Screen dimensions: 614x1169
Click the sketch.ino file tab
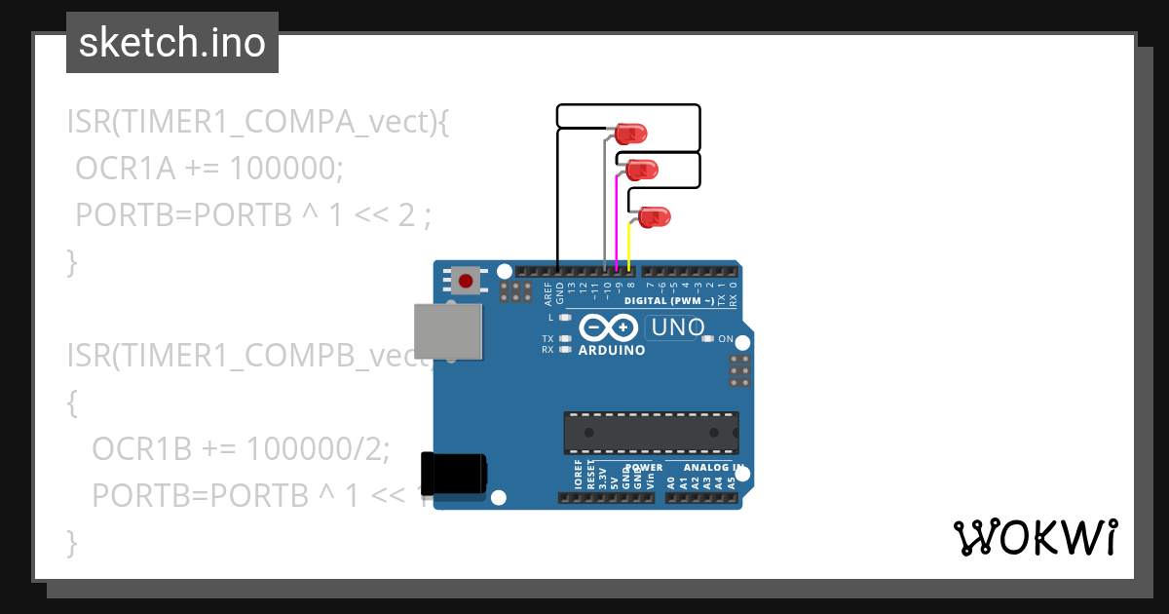click(x=172, y=43)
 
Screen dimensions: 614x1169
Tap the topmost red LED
click(x=631, y=133)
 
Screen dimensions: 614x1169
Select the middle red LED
click(x=643, y=170)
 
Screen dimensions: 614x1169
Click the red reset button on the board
click(x=466, y=282)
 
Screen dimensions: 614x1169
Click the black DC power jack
click(x=454, y=474)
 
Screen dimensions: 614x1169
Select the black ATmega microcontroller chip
click(x=651, y=433)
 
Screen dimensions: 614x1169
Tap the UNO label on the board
click(x=677, y=327)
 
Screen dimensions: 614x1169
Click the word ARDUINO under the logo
click(x=611, y=350)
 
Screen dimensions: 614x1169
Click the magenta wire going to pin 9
click(x=617, y=219)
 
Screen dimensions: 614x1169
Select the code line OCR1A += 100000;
click(x=209, y=169)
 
